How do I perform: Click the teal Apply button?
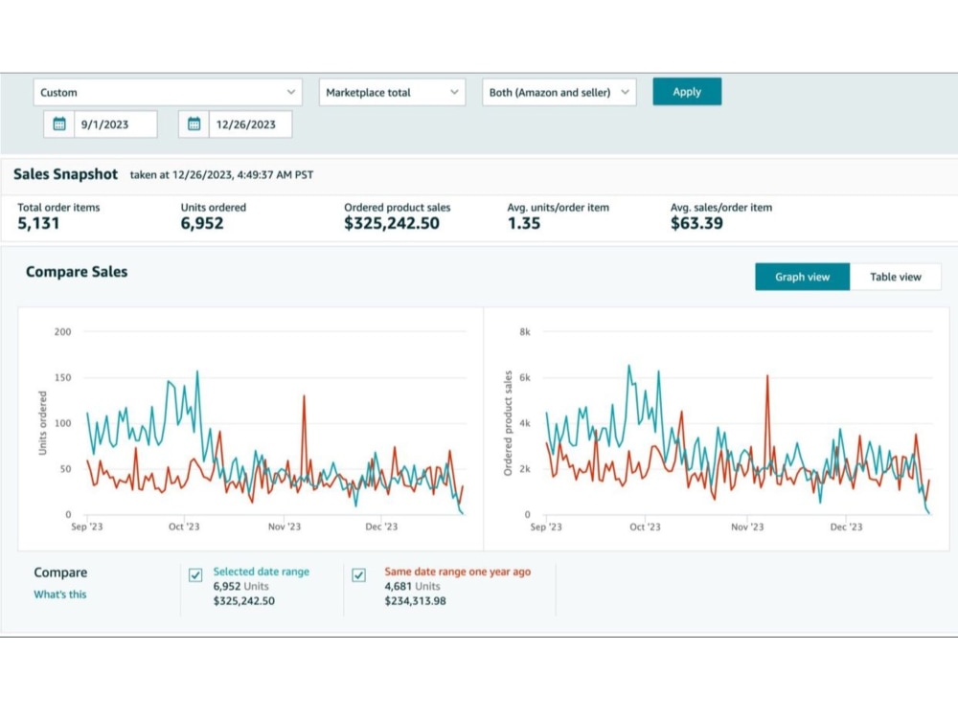687,92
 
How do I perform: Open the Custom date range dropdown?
168,92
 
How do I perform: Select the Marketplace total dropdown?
392,92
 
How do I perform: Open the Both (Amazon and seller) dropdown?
559,92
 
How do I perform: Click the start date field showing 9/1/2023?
116,124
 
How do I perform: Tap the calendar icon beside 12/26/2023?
194,124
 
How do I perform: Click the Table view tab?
895,277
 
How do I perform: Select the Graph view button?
802,277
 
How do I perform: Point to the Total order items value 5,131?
38,223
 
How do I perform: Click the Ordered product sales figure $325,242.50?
392,223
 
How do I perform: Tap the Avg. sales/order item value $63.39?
696,223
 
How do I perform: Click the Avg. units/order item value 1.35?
524,223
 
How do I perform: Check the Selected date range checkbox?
195,575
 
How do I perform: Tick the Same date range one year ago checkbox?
358,575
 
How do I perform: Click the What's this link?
59,595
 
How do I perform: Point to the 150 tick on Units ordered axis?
63,377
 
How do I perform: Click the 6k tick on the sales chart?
525,377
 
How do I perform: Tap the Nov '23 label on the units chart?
285,527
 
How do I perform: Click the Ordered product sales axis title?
508,423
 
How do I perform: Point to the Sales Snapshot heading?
65,174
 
